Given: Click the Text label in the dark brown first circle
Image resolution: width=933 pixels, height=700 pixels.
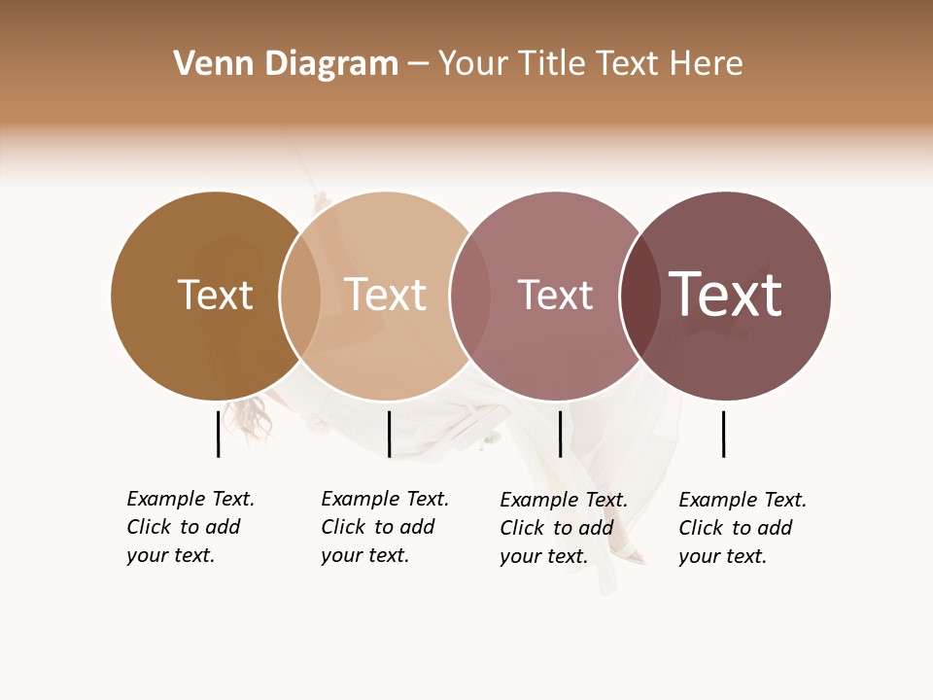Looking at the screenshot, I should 215,296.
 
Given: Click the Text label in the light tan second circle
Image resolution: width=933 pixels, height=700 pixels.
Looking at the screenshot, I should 386,296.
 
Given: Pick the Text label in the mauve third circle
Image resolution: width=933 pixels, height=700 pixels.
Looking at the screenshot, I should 555,296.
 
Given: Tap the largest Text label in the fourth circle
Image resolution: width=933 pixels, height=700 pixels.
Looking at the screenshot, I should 726,294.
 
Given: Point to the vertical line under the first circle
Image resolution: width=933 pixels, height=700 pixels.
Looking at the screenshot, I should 218,434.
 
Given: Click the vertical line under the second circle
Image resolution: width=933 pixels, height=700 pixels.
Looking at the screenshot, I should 389,434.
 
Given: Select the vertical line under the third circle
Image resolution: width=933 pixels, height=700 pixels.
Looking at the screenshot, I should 560,434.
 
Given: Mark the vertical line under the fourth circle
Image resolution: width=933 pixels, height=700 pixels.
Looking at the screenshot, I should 723,434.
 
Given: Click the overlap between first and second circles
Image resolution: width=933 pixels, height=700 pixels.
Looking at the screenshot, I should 300,296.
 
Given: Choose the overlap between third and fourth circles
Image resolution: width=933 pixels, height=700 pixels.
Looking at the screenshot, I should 639,296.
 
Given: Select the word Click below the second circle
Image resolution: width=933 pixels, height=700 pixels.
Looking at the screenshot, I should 343,527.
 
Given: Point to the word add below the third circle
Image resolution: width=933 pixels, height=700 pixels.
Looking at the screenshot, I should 596,528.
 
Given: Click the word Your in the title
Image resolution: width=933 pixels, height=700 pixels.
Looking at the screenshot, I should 471,64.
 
